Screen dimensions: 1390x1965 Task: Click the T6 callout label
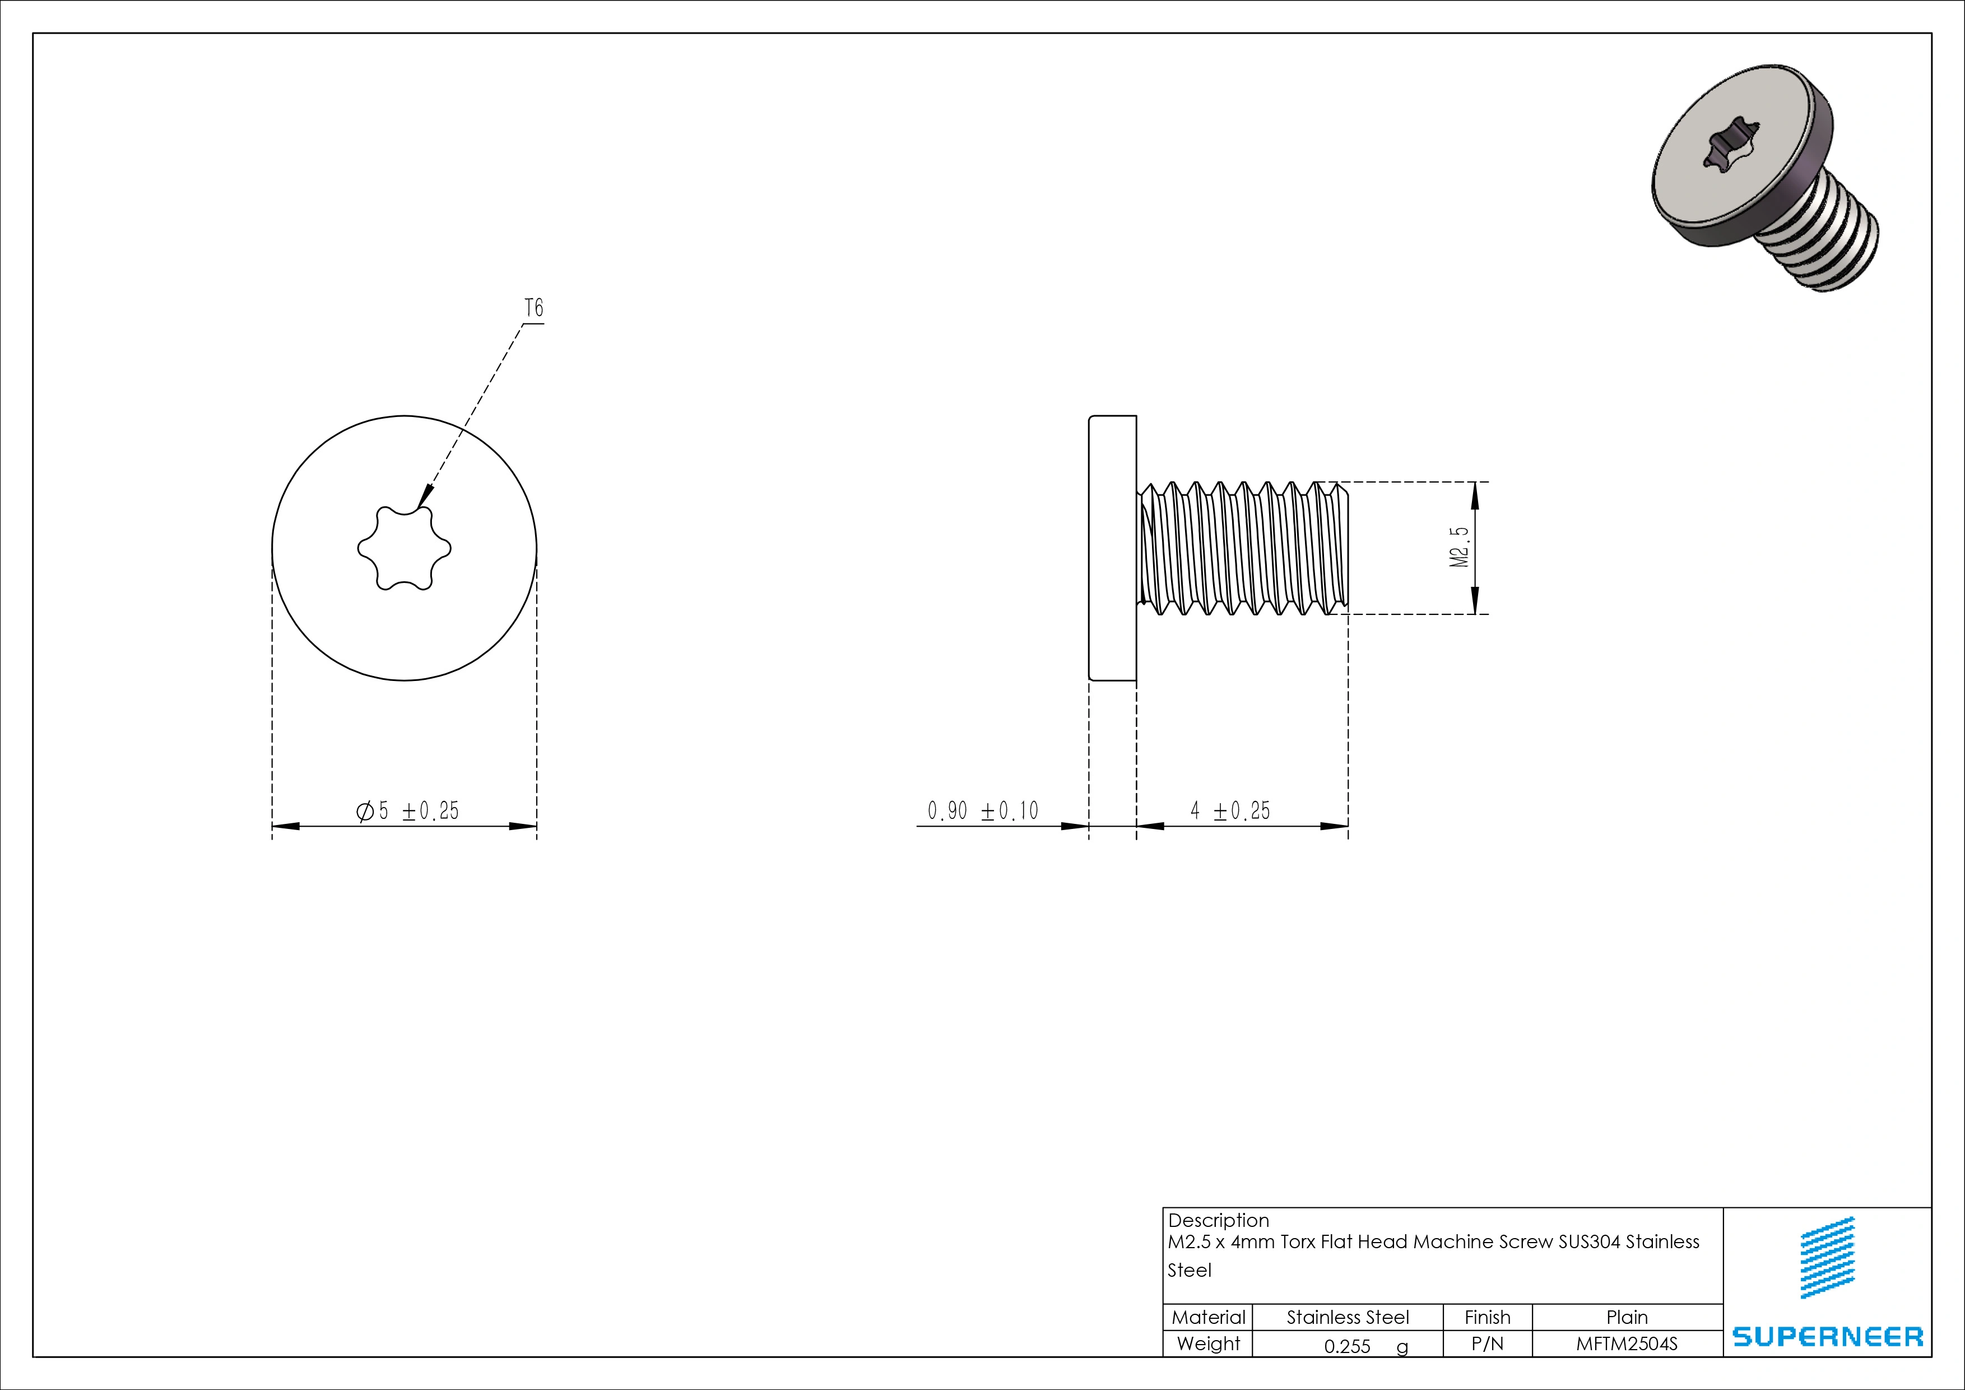point(533,308)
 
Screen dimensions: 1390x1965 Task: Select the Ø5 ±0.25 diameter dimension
point(407,810)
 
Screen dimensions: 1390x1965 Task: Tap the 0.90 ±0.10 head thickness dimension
point(983,810)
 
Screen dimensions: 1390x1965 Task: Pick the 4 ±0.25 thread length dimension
point(1230,810)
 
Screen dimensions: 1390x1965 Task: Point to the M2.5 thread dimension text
point(1459,548)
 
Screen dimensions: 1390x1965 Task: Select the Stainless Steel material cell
point(1347,1317)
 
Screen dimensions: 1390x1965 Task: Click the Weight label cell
point(1207,1344)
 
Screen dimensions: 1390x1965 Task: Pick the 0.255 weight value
point(1347,1346)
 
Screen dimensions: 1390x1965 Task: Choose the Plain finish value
point(1626,1317)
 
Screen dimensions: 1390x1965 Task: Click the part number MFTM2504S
point(1626,1344)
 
